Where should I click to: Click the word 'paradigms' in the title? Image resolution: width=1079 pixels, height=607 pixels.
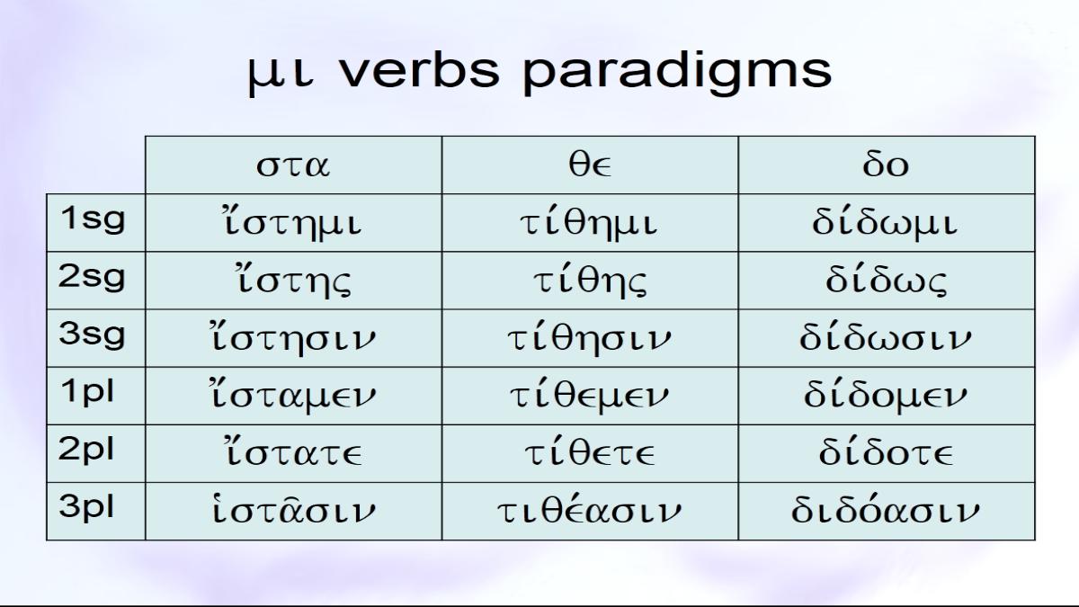(677, 72)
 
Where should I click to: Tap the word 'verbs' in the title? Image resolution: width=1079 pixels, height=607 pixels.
(419, 70)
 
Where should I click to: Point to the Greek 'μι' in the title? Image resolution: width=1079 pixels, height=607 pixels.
(281, 76)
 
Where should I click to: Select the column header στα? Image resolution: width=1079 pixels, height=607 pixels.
(293, 165)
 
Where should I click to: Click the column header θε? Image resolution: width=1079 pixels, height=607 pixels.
(590, 165)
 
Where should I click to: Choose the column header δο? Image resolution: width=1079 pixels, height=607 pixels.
(887, 165)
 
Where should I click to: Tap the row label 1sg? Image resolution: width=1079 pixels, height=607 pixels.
(93, 219)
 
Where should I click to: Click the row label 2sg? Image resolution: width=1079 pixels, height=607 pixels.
(92, 278)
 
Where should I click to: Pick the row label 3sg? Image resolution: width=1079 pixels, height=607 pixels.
(92, 335)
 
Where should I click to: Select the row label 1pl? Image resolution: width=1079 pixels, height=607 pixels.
(87, 392)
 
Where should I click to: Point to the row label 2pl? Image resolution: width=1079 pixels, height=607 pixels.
(86, 450)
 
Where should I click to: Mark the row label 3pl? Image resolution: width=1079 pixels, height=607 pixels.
(86, 507)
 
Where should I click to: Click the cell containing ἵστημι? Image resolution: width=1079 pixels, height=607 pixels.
(293, 223)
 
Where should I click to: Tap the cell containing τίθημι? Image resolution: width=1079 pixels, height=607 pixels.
(590, 223)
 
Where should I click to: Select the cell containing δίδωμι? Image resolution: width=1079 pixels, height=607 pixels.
(887, 223)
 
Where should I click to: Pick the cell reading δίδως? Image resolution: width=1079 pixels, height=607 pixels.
(887, 281)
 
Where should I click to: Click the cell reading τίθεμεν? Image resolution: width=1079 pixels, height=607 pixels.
(590, 396)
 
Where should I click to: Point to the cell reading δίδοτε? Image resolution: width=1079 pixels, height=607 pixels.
(887, 453)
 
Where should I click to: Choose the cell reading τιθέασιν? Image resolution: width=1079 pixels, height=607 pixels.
(590, 511)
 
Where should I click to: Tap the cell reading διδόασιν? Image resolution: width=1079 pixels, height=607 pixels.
(887, 511)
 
